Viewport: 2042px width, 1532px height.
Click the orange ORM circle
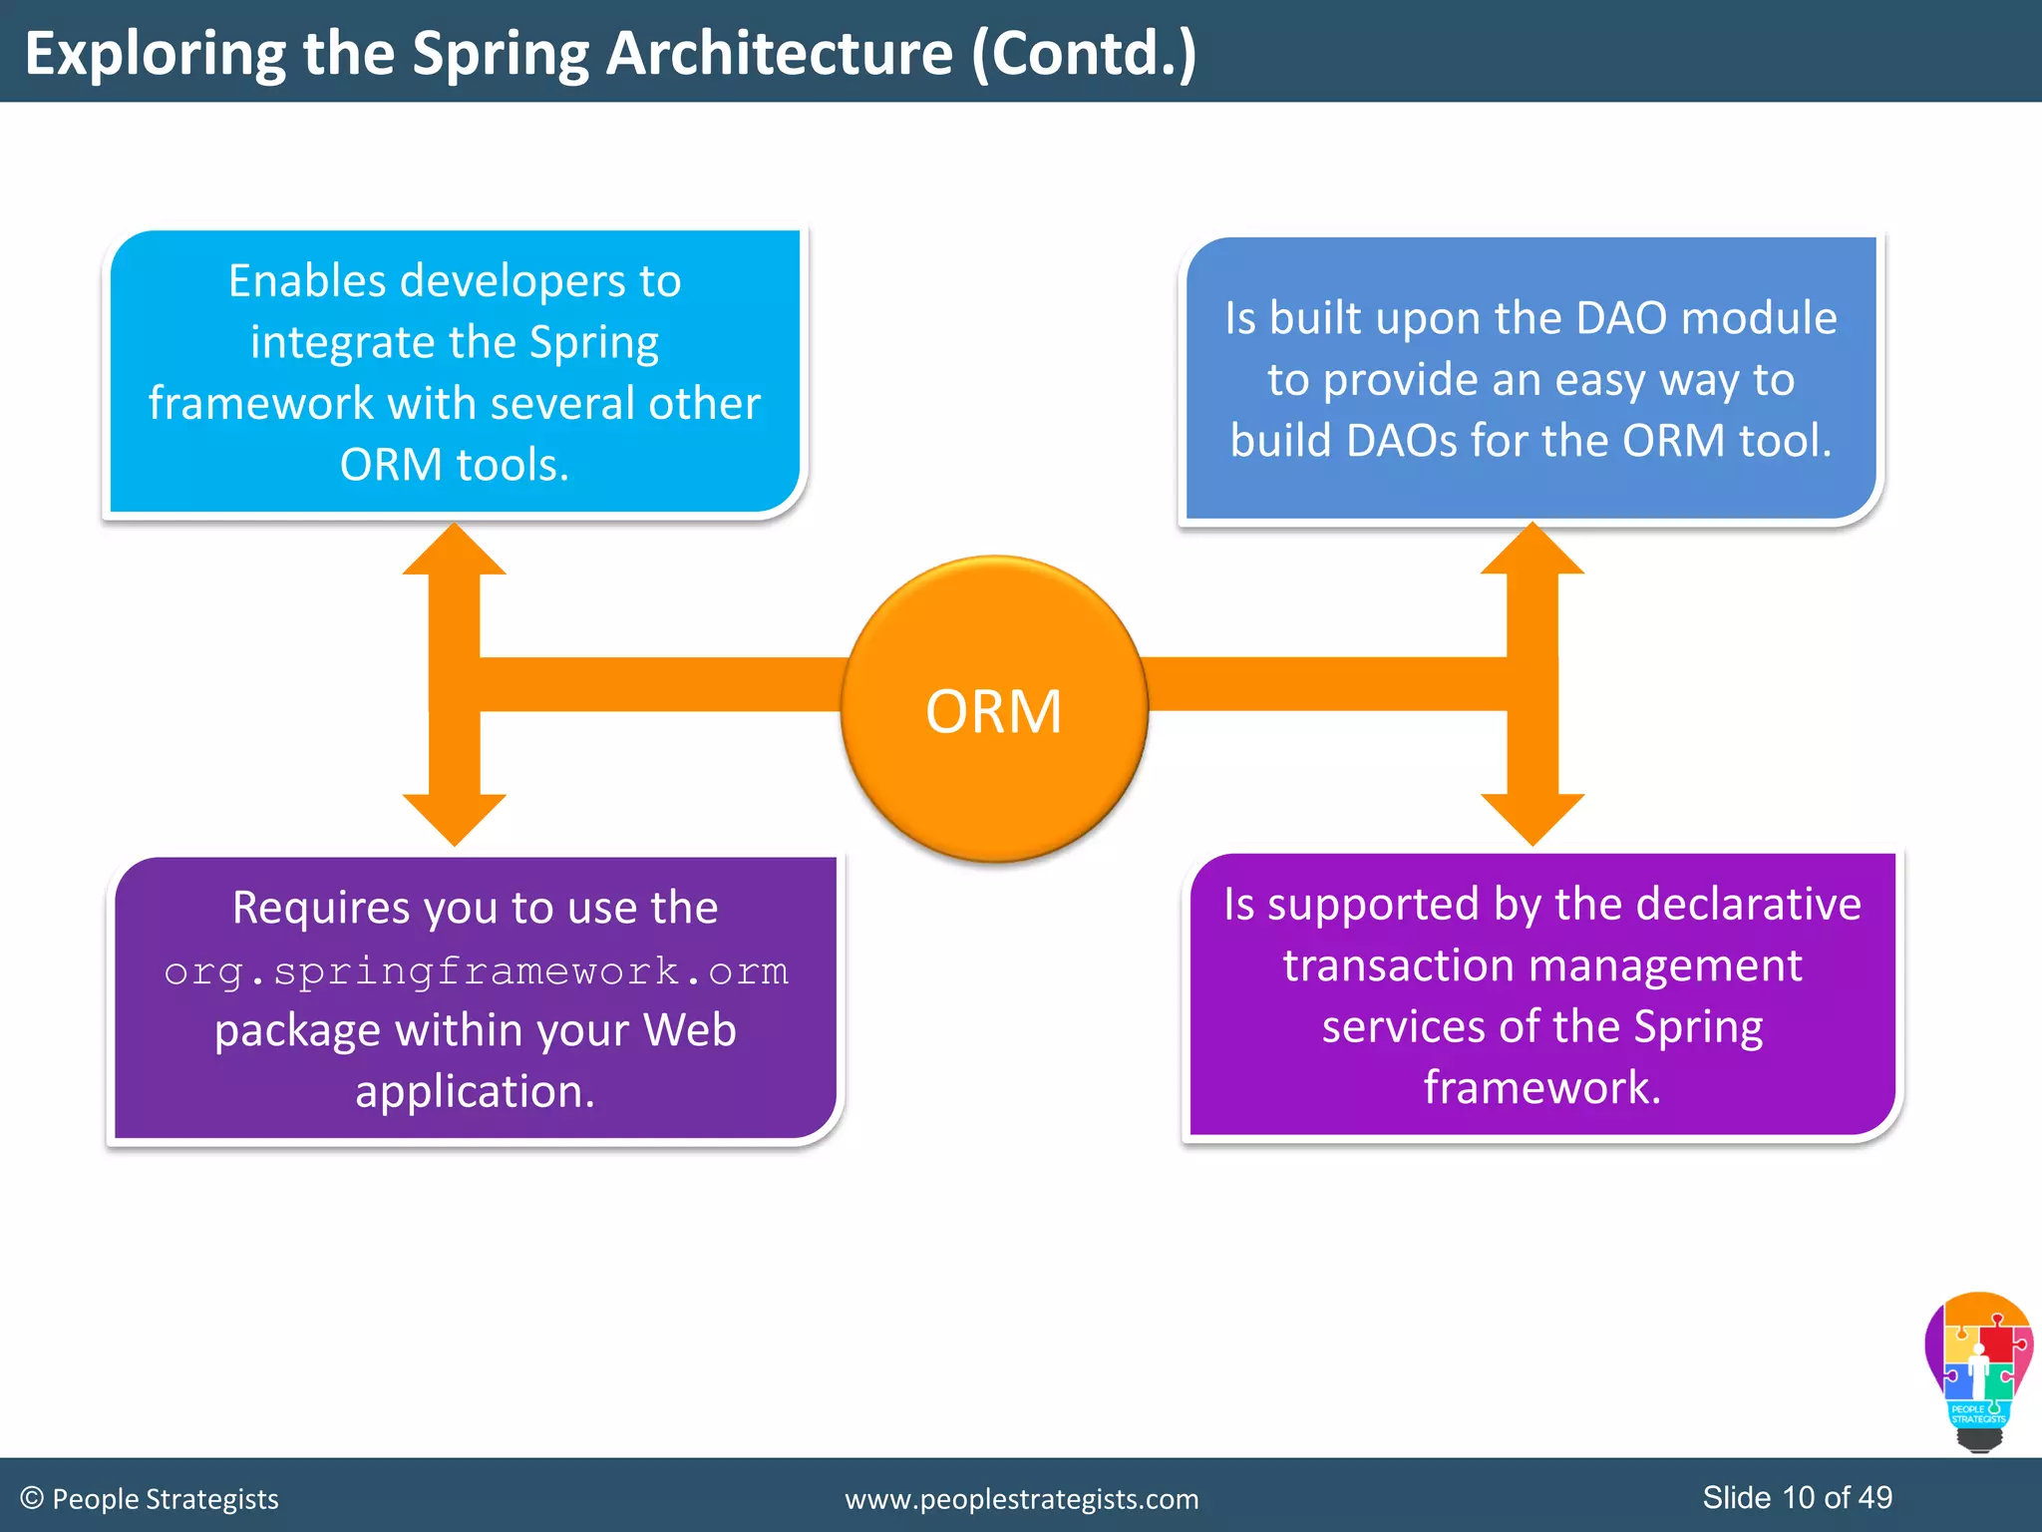tap(994, 709)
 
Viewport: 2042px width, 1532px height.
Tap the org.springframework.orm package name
tap(476, 970)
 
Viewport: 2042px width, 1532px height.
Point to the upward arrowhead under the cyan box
tap(455, 552)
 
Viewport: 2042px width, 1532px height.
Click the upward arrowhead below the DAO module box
tap(1532, 552)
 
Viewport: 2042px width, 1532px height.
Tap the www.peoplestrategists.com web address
tap(1022, 1499)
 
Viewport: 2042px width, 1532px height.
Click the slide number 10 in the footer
tap(1799, 1497)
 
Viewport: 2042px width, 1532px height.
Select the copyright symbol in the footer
tap(32, 1498)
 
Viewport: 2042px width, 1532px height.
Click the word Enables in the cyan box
tap(306, 281)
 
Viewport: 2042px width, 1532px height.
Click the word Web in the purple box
tap(689, 1030)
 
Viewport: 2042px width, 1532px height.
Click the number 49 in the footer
tap(1875, 1497)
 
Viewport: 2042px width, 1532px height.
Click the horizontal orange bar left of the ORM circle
tap(658, 684)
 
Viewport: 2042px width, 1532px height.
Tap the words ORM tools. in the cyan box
tap(455, 465)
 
